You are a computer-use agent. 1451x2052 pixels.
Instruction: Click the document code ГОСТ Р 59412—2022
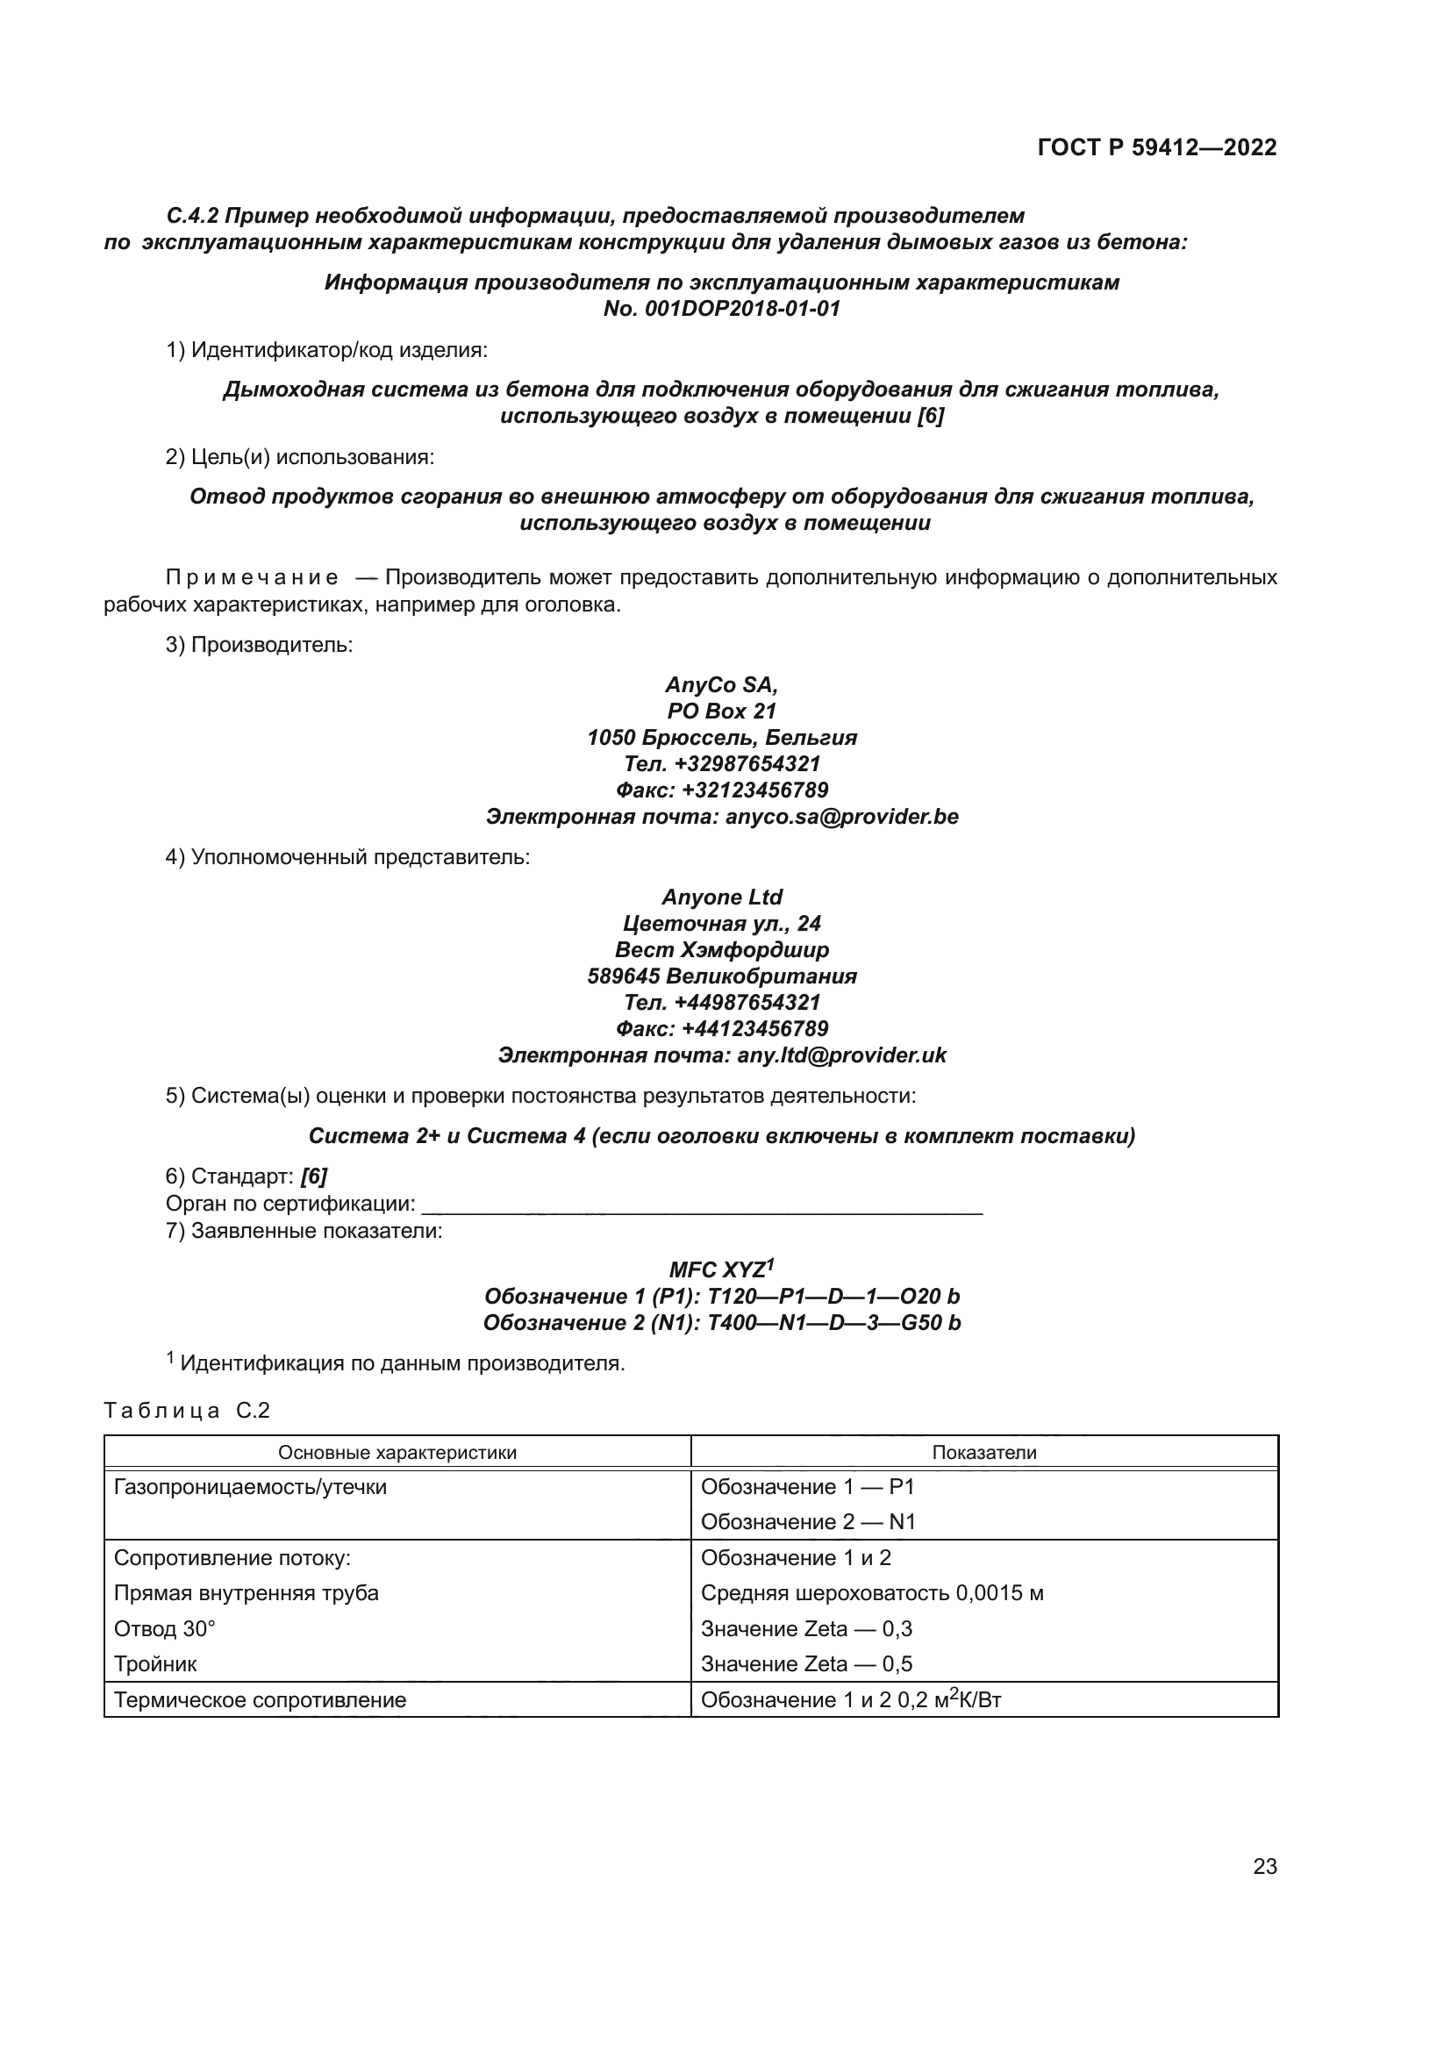[1157, 148]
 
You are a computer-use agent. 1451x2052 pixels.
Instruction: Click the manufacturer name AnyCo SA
[721, 684]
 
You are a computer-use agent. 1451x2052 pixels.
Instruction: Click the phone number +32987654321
[747, 764]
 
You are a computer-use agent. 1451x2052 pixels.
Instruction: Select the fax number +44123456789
[754, 1029]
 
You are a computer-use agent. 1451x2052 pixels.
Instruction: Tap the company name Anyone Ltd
[722, 897]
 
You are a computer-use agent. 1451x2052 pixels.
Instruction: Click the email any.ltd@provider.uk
[840, 1055]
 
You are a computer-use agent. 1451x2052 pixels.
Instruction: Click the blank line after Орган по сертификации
[702, 1205]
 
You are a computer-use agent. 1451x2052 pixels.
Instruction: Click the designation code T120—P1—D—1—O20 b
[833, 1297]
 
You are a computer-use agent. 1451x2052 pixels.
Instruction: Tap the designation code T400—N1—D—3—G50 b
[833, 1323]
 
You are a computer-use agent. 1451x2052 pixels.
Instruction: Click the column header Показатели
[983, 1452]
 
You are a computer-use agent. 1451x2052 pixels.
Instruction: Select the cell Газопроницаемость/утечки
[250, 1487]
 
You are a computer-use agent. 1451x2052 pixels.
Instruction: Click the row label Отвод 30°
[164, 1628]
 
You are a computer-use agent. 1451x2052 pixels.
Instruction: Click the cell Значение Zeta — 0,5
[806, 1663]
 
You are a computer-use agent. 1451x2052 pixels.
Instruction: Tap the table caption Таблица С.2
[186, 1412]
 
